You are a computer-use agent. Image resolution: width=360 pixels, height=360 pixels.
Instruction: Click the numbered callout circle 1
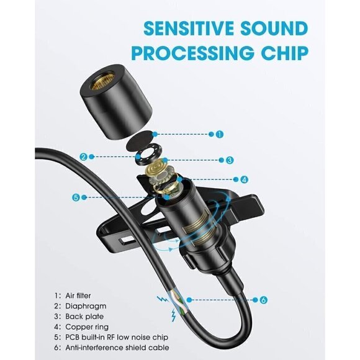point(219,133)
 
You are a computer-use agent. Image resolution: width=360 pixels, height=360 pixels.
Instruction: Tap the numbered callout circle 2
point(83,156)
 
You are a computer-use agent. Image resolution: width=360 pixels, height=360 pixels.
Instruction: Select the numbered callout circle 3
point(229,160)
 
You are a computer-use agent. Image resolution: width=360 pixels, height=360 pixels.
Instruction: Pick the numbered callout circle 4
point(245,180)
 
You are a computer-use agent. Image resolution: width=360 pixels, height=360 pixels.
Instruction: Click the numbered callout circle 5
point(76,197)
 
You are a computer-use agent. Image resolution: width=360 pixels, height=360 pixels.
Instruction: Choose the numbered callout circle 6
point(263,300)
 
